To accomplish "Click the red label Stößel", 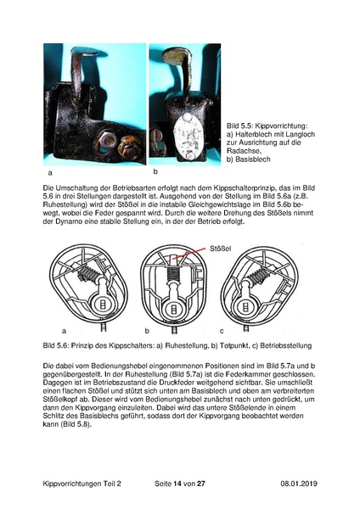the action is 220,249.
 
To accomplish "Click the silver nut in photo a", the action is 108,141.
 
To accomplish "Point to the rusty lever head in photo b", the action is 177,56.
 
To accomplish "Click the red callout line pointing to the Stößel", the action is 189,253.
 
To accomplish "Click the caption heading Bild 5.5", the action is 239,126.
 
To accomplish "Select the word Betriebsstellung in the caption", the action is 286,345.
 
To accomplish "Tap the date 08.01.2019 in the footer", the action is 299,484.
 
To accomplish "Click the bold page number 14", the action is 177,484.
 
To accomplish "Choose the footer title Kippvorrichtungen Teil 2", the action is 82,484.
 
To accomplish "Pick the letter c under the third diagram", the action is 222,331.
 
